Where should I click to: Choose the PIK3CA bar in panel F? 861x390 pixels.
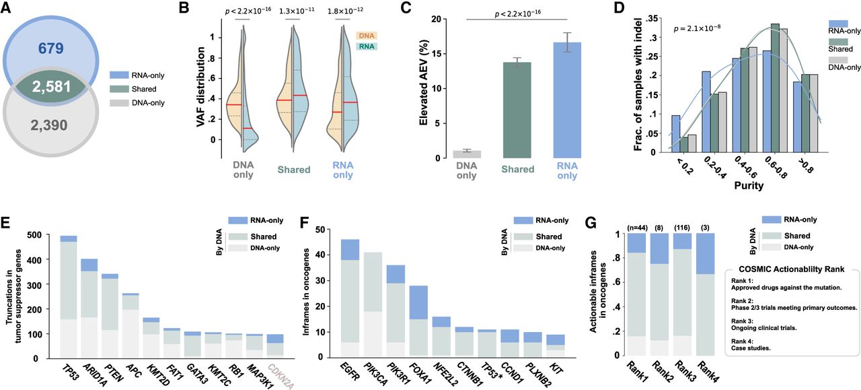[373, 303]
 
